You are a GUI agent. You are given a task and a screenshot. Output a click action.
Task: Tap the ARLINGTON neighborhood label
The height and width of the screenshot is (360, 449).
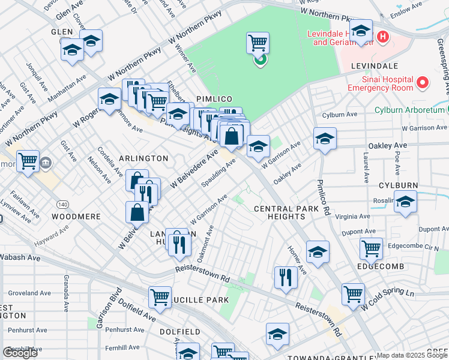click(143, 158)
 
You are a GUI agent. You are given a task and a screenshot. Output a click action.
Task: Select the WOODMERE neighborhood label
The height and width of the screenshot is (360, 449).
click(74, 215)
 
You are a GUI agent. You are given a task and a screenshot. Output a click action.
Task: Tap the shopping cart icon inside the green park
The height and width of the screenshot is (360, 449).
click(258, 43)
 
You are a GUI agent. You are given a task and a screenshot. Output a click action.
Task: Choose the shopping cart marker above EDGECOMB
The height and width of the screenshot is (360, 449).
click(371, 247)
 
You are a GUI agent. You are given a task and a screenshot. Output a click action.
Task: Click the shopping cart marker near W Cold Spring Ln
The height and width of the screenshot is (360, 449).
click(353, 293)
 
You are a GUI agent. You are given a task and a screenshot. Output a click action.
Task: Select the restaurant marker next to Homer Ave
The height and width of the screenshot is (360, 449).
click(286, 277)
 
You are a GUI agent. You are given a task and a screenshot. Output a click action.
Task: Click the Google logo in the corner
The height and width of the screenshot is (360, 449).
click(20, 353)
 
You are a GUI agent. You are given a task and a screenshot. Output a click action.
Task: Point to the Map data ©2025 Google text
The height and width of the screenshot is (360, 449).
click(412, 355)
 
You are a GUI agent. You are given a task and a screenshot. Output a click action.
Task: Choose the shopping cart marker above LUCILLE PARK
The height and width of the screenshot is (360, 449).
click(160, 296)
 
